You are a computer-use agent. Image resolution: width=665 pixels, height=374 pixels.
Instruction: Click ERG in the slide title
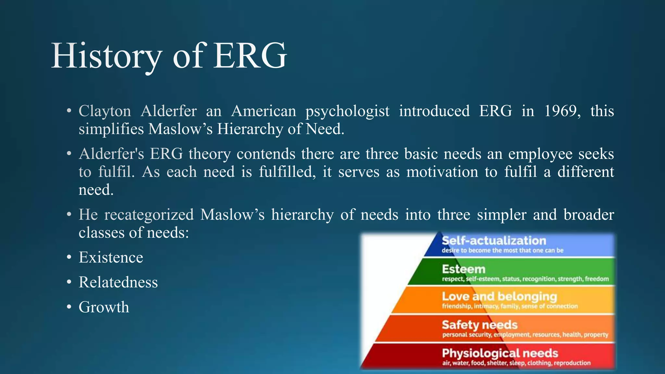coord(250,56)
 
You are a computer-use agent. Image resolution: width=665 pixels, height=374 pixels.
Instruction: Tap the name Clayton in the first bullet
coord(105,111)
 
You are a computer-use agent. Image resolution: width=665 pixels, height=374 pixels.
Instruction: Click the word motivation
coord(442,172)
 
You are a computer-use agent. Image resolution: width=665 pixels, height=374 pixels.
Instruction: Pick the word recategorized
coord(149,215)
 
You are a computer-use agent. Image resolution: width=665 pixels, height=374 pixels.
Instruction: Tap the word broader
coord(589,215)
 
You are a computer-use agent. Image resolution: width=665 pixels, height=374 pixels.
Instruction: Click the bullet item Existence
coord(111,257)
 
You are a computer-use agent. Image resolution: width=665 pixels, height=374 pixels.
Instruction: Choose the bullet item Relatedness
coord(118,282)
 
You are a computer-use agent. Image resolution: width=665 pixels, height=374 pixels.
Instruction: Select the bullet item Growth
coord(104,307)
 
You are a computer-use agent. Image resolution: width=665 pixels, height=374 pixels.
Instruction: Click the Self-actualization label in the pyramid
coord(494,241)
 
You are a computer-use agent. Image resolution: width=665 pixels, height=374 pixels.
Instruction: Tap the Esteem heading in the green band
coord(463,269)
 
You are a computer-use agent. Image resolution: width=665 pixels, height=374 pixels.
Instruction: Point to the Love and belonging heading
coord(499,296)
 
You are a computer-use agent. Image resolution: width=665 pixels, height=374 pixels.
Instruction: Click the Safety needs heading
coord(480,325)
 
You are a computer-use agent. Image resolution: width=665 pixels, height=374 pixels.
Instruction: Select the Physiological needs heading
coord(500,353)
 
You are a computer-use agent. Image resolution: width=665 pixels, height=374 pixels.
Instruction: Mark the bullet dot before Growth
coord(69,307)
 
